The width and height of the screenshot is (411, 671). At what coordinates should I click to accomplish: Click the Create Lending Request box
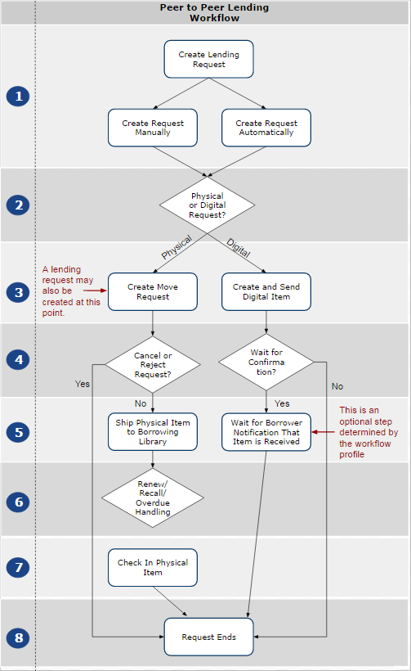(209, 59)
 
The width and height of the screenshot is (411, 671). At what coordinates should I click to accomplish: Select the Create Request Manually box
(153, 128)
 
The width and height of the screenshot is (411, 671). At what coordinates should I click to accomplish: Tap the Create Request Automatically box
(266, 128)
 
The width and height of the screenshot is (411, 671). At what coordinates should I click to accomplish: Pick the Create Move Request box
(153, 291)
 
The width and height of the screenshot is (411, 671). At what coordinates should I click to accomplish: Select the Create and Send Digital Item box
(266, 291)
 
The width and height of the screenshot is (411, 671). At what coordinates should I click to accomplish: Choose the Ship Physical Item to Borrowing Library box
(153, 431)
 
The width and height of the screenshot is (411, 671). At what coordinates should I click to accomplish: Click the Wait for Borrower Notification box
(266, 431)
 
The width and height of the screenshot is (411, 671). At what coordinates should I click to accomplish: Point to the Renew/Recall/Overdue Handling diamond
(153, 498)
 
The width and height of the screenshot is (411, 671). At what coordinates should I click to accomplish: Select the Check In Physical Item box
(153, 568)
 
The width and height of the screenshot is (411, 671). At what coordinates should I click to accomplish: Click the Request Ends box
(209, 637)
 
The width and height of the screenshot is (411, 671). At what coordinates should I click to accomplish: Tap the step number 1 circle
(17, 97)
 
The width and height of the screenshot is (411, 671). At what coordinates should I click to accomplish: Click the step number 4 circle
(17, 359)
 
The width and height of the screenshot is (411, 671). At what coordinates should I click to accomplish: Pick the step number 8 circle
(17, 637)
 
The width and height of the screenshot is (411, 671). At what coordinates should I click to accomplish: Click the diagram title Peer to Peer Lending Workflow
(213, 12)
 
